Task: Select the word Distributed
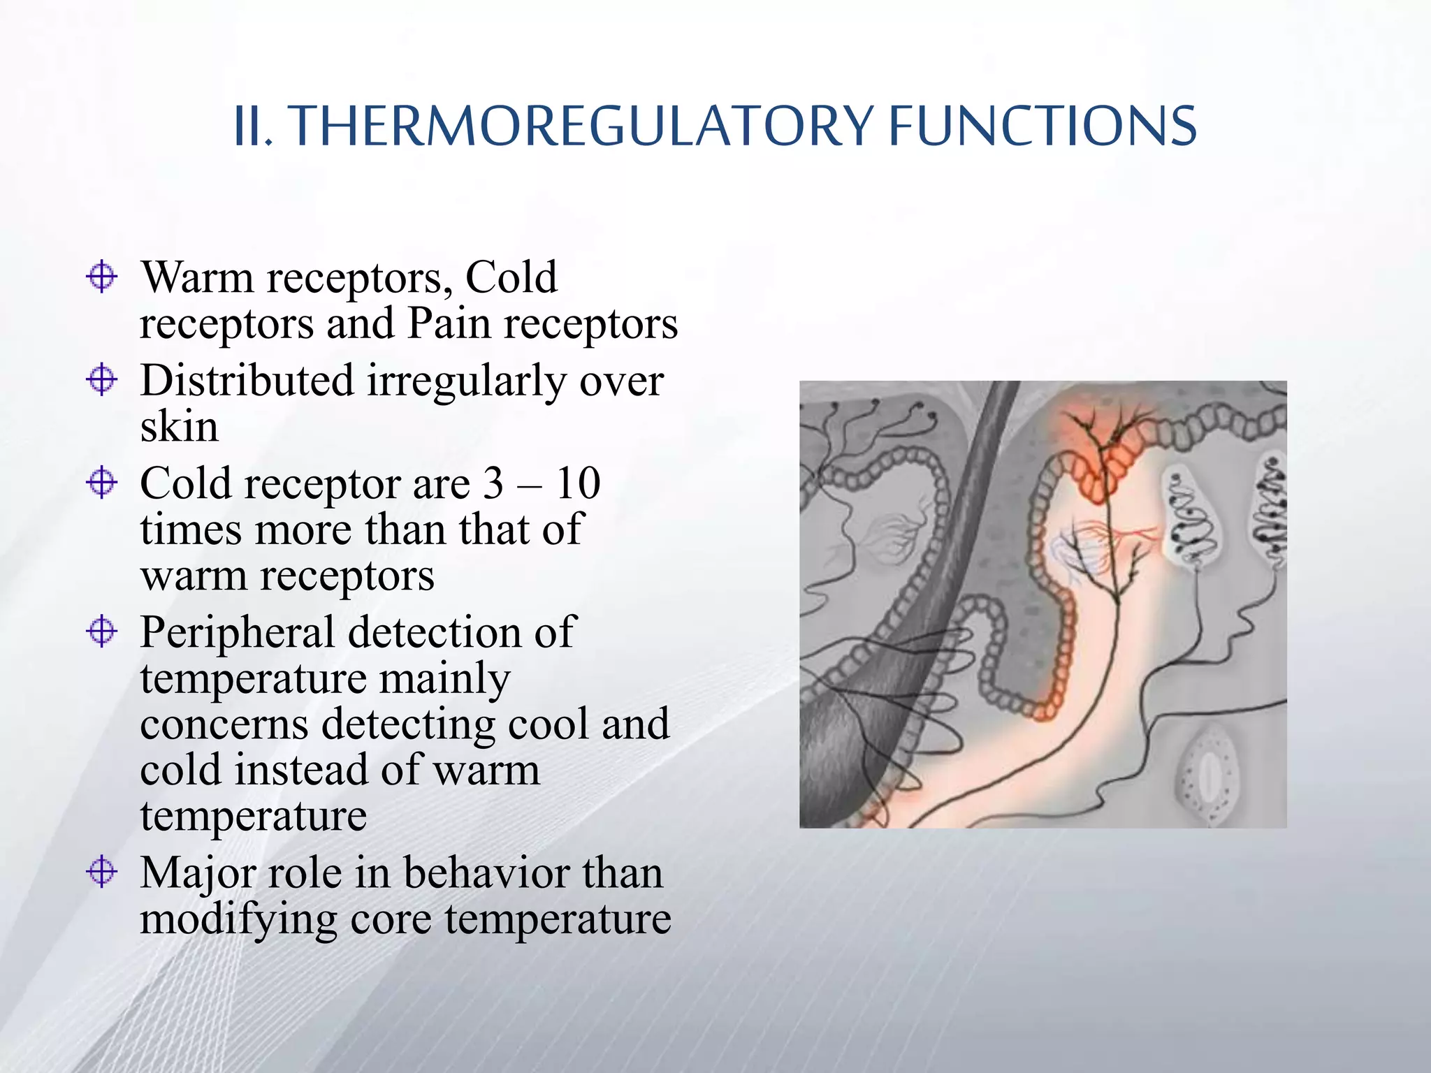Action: coord(247,381)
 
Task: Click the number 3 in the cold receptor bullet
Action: coord(493,483)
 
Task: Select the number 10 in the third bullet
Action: coord(578,483)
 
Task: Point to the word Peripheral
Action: coord(237,633)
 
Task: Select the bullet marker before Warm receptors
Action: coord(102,277)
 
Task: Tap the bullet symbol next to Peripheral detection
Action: coord(102,632)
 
